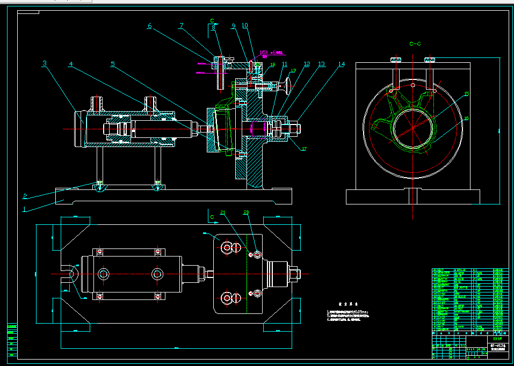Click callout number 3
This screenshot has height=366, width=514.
45,63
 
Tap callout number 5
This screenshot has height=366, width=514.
112,64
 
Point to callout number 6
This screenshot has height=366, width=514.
149,26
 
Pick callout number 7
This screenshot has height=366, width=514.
182,25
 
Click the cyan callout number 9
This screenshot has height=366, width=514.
234,25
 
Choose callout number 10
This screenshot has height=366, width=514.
245,25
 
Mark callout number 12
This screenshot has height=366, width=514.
307,64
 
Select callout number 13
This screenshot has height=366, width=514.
321,64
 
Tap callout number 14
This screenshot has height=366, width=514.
341,64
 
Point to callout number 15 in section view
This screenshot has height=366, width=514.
466,94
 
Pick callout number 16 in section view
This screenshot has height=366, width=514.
466,118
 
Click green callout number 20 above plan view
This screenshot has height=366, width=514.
247,213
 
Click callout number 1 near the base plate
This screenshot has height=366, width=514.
24,209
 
